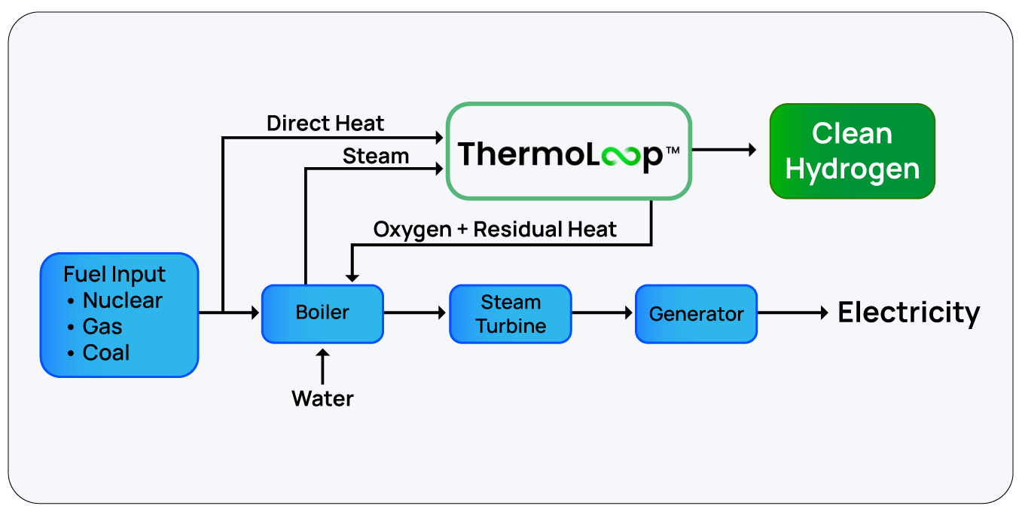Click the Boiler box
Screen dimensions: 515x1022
tap(322, 313)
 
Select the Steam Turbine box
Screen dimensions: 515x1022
tap(510, 314)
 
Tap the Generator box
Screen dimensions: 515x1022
tap(696, 314)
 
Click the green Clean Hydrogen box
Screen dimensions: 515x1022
tap(852, 151)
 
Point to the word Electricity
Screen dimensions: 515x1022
tap(909, 312)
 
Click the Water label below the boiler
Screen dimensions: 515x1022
tap(322, 398)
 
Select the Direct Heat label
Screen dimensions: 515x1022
tap(325, 123)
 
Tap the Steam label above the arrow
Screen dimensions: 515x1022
tap(375, 157)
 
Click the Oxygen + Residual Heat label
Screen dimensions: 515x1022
tap(495, 230)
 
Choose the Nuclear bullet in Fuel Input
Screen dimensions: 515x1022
tap(122, 300)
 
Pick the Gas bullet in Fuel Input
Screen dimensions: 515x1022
tap(102, 327)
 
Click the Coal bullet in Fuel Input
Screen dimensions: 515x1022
tap(106, 352)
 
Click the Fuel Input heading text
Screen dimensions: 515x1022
tap(114, 274)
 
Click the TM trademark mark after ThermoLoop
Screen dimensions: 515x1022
tap(673, 150)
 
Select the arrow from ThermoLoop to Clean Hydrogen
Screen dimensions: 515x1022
tap(725, 150)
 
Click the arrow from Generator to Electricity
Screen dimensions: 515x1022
tap(792, 313)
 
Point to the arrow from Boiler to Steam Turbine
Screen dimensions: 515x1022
tap(416, 313)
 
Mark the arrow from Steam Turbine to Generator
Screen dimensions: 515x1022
tap(603, 313)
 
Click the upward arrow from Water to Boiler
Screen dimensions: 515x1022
tap(322, 366)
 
